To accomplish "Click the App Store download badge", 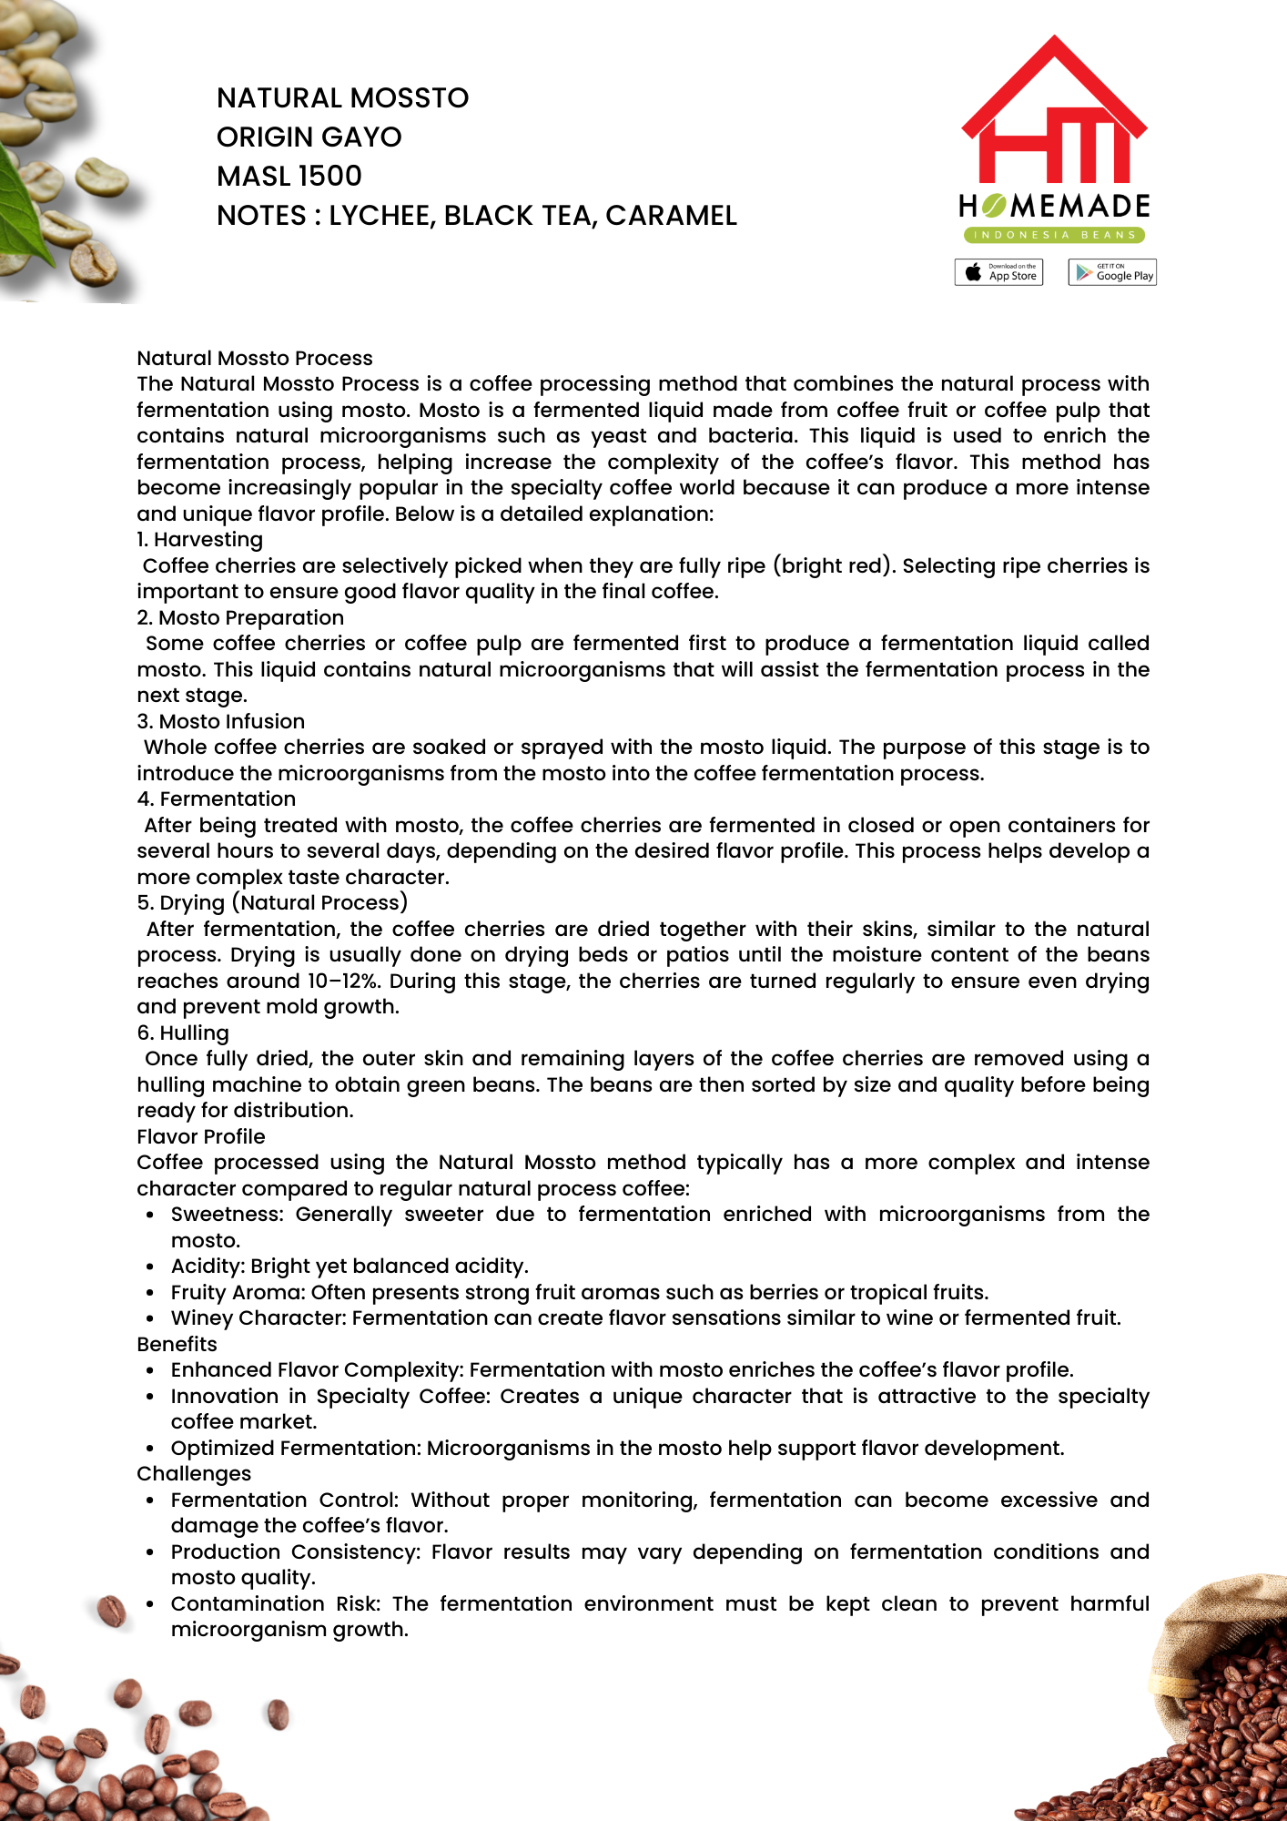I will [998, 272].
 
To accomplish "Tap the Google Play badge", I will [1111, 272].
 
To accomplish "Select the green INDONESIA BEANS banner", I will [1054, 235].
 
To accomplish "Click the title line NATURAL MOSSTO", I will [342, 97].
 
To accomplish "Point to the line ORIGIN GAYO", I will [309, 137].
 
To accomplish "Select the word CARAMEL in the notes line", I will [671, 215].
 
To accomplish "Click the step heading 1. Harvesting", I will [199, 540].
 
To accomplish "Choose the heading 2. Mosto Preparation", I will [240, 617].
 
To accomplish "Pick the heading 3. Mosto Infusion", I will [220, 721].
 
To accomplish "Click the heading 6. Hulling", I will [183, 1033].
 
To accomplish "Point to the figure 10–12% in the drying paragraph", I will [343, 981].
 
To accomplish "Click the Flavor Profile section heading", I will [200, 1136].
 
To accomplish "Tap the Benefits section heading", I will [177, 1344].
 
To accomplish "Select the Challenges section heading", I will [193, 1473].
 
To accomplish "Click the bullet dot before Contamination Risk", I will [149, 1604].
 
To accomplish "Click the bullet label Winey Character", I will [257, 1317].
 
